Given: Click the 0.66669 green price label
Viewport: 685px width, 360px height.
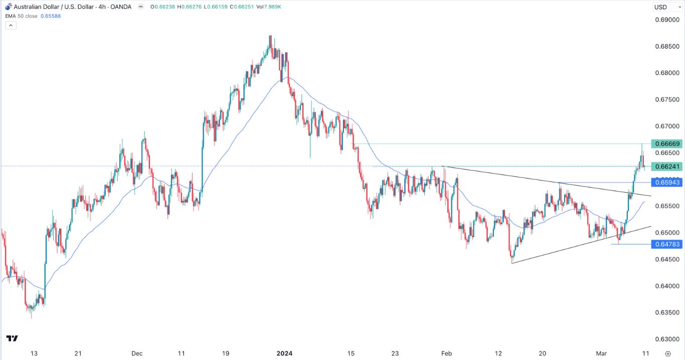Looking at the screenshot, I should pos(665,144).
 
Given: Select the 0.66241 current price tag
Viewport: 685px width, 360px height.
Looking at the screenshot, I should pos(665,166).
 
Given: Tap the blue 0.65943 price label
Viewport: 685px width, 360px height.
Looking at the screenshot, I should pos(665,182).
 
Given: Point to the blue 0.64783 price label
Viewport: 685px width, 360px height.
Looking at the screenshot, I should pos(665,244).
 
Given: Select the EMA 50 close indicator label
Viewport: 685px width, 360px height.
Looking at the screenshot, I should pos(22,16).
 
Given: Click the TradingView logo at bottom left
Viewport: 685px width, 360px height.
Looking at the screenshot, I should pos(13,338).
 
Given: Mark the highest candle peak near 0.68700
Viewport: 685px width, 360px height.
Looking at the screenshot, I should pos(271,36).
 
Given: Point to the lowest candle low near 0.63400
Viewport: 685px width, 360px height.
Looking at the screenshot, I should pos(31,318).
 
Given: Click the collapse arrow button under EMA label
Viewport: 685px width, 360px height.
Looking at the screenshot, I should pos(11,25).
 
